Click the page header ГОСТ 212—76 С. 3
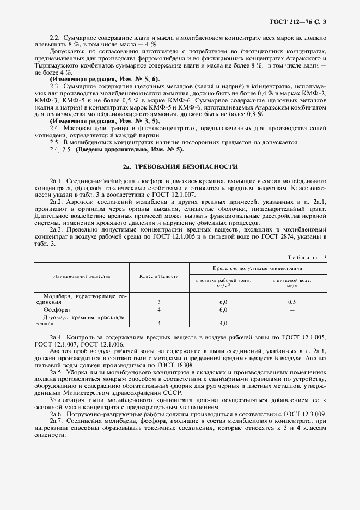click(301, 22)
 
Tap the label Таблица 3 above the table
click(309, 257)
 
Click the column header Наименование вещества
click(81, 276)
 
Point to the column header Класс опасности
click(159, 276)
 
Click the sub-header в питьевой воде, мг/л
click(292, 282)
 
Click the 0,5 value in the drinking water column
click(292, 301)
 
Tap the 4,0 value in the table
click(223, 323)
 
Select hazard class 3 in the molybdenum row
click(159, 301)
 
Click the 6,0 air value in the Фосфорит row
click(223, 309)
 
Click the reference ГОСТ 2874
click(301, 237)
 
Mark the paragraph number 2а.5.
click(56, 372)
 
